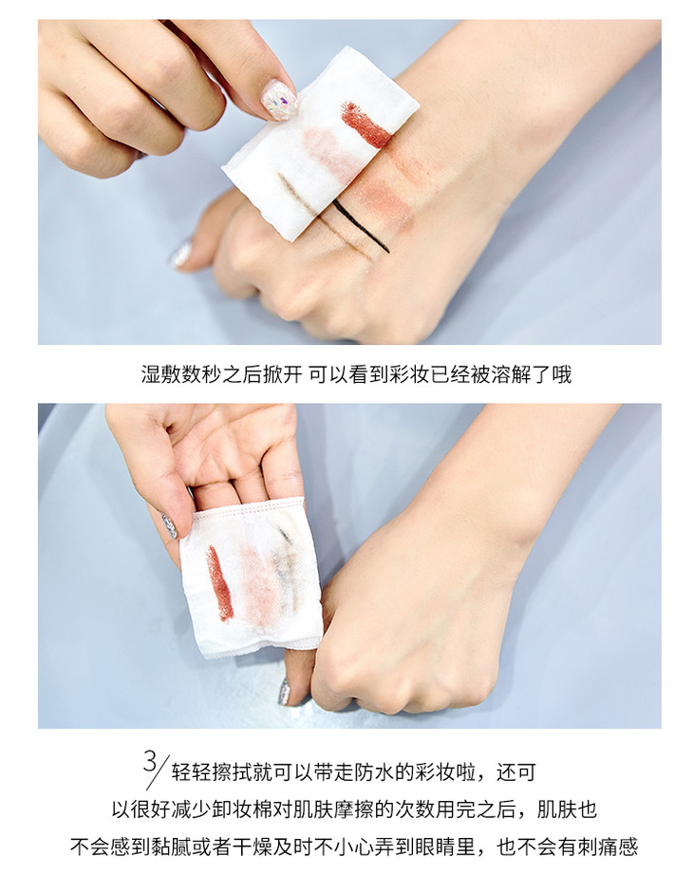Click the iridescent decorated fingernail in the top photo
(x=279, y=100)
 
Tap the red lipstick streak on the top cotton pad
(x=365, y=124)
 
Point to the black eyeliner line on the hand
(x=362, y=225)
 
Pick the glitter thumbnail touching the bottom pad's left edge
(x=170, y=525)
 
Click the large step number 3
(x=150, y=762)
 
